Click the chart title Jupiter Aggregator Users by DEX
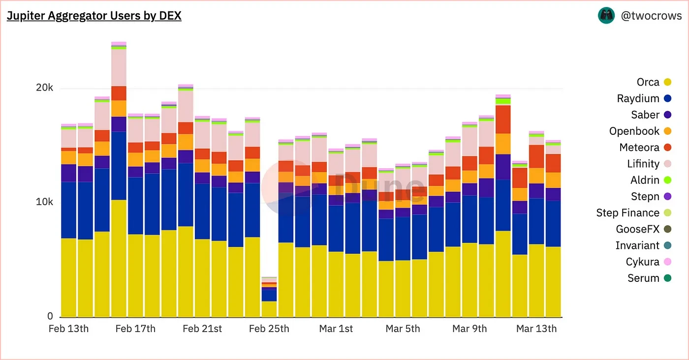click(x=94, y=16)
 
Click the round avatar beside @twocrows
click(x=606, y=16)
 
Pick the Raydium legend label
click(x=638, y=98)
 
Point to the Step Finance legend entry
click(x=627, y=213)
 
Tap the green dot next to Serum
click(x=667, y=278)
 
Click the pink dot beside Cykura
click(x=667, y=262)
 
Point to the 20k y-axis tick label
click(x=44, y=88)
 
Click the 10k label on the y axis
click(x=44, y=202)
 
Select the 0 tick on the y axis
click(x=50, y=316)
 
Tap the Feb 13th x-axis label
click(x=68, y=329)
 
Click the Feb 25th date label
click(x=269, y=329)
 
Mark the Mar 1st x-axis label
click(x=336, y=329)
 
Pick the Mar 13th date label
click(x=536, y=329)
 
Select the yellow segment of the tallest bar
click(x=119, y=258)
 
